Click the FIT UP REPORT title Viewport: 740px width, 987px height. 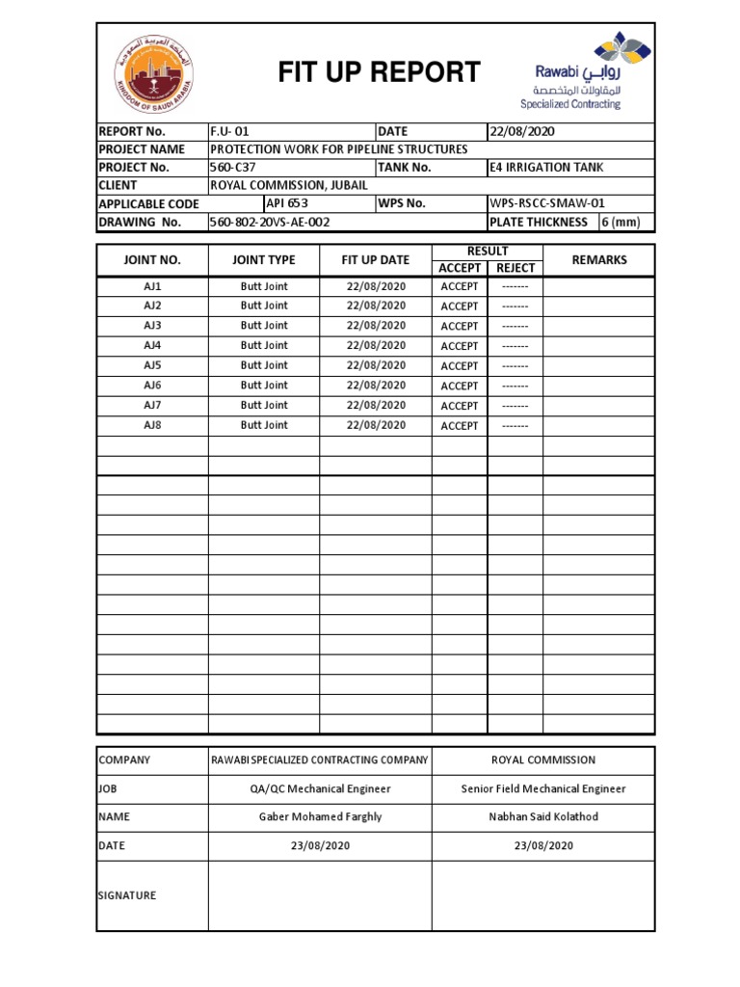(379, 72)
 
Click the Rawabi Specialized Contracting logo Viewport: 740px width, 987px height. (570, 71)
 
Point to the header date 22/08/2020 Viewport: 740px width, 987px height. (522, 131)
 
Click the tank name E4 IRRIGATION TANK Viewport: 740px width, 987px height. (546, 168)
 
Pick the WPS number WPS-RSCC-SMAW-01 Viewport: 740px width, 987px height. (547, 203)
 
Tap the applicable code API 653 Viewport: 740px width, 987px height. (287, 203)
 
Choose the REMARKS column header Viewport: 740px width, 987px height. (598, 260)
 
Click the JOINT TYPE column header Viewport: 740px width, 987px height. (264, 260)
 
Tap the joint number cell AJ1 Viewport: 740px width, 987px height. (152, 286)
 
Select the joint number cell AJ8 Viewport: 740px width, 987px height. (152, 425)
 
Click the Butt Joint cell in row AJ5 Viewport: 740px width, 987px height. (264, 365)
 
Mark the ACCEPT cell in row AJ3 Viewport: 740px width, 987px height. (460, 326)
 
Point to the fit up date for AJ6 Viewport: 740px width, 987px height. (376, 386)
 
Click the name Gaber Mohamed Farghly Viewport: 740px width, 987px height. (320, 816)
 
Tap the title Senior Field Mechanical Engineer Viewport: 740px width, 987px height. (543, 788)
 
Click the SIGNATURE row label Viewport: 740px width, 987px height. (127, 895)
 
